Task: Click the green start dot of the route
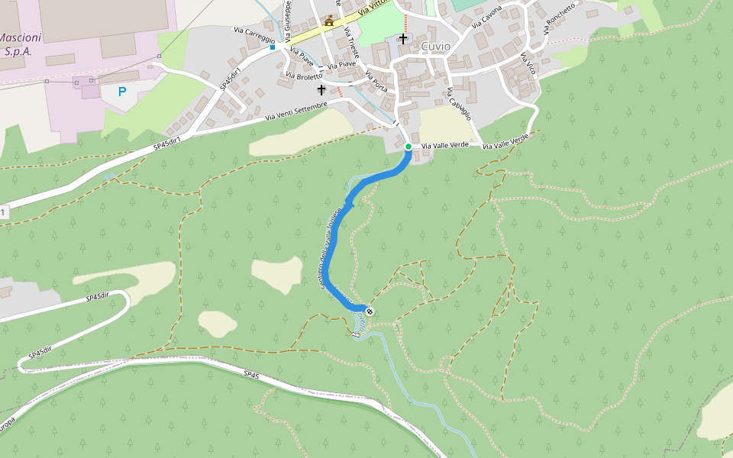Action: (x=408, y=147)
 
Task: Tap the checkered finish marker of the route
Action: (x=370, y=311)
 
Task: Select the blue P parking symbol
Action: (x=121, y=92)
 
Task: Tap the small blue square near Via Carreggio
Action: (x=273, y=47)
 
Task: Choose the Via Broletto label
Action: (x=303, y=76)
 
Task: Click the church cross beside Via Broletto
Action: (x=321, y=90)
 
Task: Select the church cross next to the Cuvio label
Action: (x=402, y=38)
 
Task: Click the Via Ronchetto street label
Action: (x=559, y=17)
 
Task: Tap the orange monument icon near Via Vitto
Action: (x=329, y=21)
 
